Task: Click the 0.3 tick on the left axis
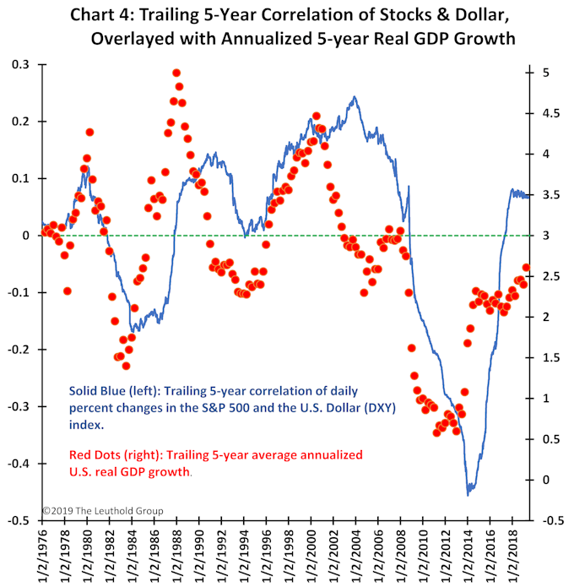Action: pyautogui.click(x=19, y=64)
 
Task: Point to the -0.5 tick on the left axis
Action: pyautogui.click(x=18, y=521)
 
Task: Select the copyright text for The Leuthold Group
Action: pyautogui.click(x=102, y=511)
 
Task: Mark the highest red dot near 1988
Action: pyautogui.click(x=176, y=73)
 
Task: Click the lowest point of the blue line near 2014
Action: pyautogui.click(x=469, y=494)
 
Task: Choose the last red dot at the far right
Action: pyautogui.click(x=526, y=268)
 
